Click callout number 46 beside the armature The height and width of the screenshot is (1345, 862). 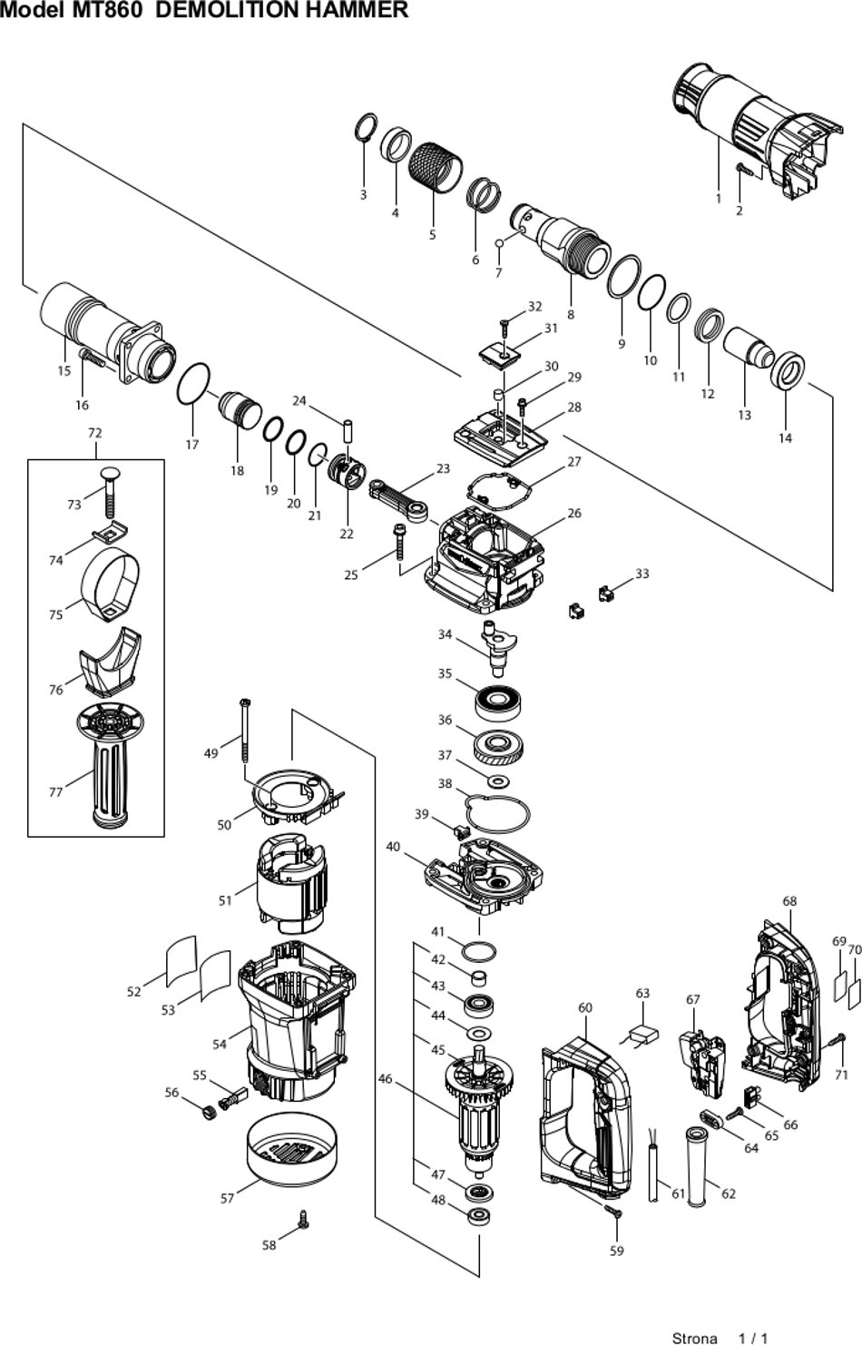[385, 1079]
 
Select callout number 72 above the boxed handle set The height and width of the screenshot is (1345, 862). [95, 433]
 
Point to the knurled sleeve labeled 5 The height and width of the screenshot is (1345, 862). [436, 168]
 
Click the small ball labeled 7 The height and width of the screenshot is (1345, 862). [499, 242]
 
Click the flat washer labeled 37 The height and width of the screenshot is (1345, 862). [498, 781]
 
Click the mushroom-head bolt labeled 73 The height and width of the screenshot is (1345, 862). [109, 492]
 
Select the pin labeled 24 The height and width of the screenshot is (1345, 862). [348, 431]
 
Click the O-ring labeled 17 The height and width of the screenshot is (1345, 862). [194, 384]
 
